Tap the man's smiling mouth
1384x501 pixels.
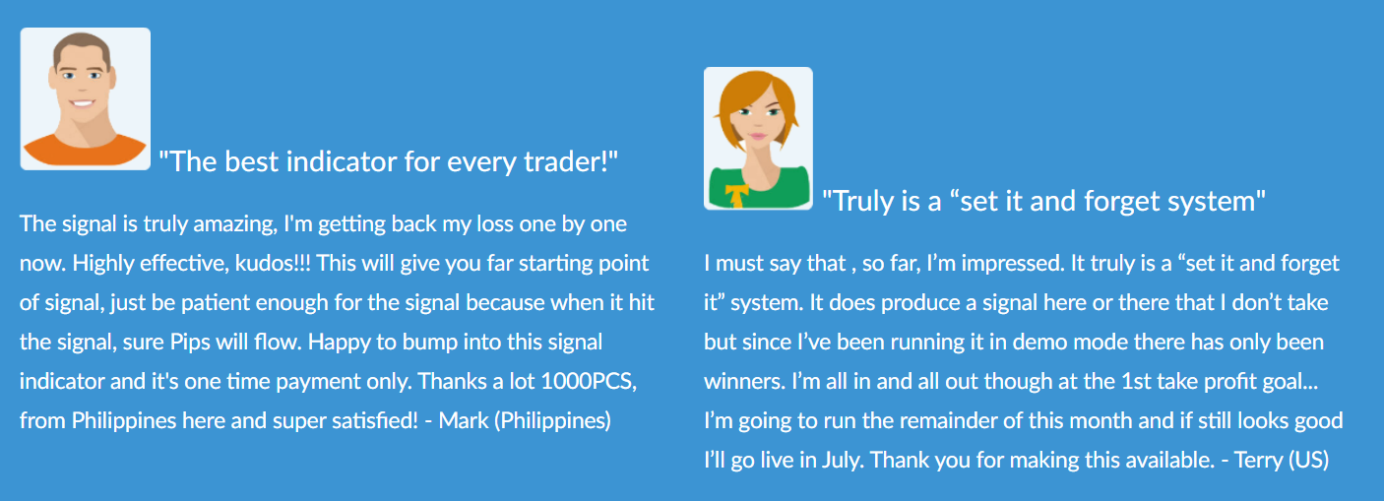coord(82,102)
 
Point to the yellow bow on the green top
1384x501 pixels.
coord(736,195)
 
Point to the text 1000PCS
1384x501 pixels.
coord(589,382)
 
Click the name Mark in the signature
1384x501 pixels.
coord(464,421)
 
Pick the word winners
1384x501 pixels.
coord(744,382)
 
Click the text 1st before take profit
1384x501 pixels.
coord(1136,382)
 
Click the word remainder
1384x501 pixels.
coord(943,421)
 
